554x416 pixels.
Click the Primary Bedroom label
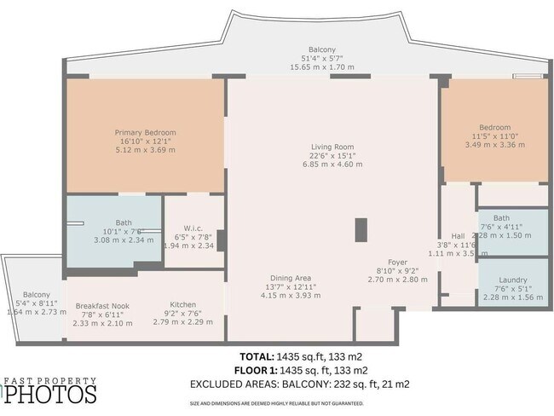(146, 132)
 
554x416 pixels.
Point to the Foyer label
(396, 263)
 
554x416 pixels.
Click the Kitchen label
(183, 304)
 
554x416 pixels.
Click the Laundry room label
(512, 280)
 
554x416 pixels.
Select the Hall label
(458, 236)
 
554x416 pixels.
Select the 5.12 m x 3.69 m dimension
(146, 150)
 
